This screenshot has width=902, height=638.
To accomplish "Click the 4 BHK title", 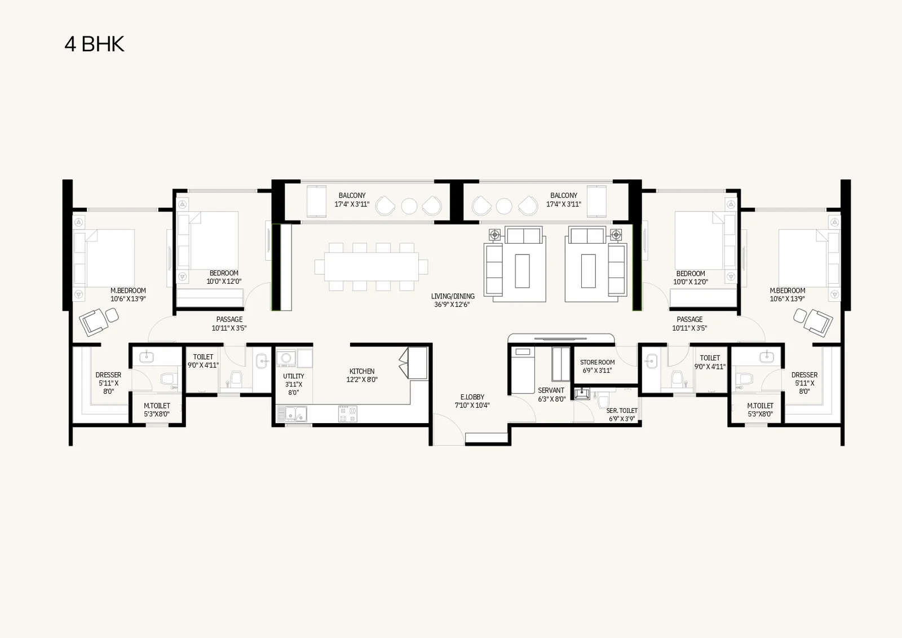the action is click(95, 44).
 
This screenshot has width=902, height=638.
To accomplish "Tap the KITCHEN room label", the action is click(361, 371).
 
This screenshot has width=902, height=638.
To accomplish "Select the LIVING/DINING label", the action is click(453, 296).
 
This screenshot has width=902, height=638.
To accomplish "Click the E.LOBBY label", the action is click(472, 397).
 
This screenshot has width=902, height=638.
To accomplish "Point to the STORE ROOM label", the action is click(597, 362).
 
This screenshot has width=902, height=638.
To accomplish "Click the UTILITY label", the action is click(294, 376).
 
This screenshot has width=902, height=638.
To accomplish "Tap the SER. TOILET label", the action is click(622, 411).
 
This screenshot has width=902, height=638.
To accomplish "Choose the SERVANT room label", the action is click(551, 390).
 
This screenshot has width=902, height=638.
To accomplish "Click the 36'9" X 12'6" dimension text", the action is click(452, 305).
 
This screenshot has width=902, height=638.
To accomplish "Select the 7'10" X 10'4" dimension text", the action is click(472, 406).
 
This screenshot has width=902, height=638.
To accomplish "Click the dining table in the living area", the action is click(372, 266).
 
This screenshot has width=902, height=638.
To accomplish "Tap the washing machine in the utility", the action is click(286, 358).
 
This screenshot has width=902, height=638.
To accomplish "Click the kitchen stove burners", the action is click(347, 414).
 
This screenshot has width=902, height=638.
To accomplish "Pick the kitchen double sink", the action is click(292, 414).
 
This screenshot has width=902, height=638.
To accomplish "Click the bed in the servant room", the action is click(523, 370).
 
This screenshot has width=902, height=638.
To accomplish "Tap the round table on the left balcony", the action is click(409, 206).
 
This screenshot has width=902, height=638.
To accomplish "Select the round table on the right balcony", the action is click(504, 206).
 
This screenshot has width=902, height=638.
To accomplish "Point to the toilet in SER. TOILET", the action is click(603, 402).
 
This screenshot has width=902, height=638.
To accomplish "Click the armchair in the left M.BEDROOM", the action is click(94, 321).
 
